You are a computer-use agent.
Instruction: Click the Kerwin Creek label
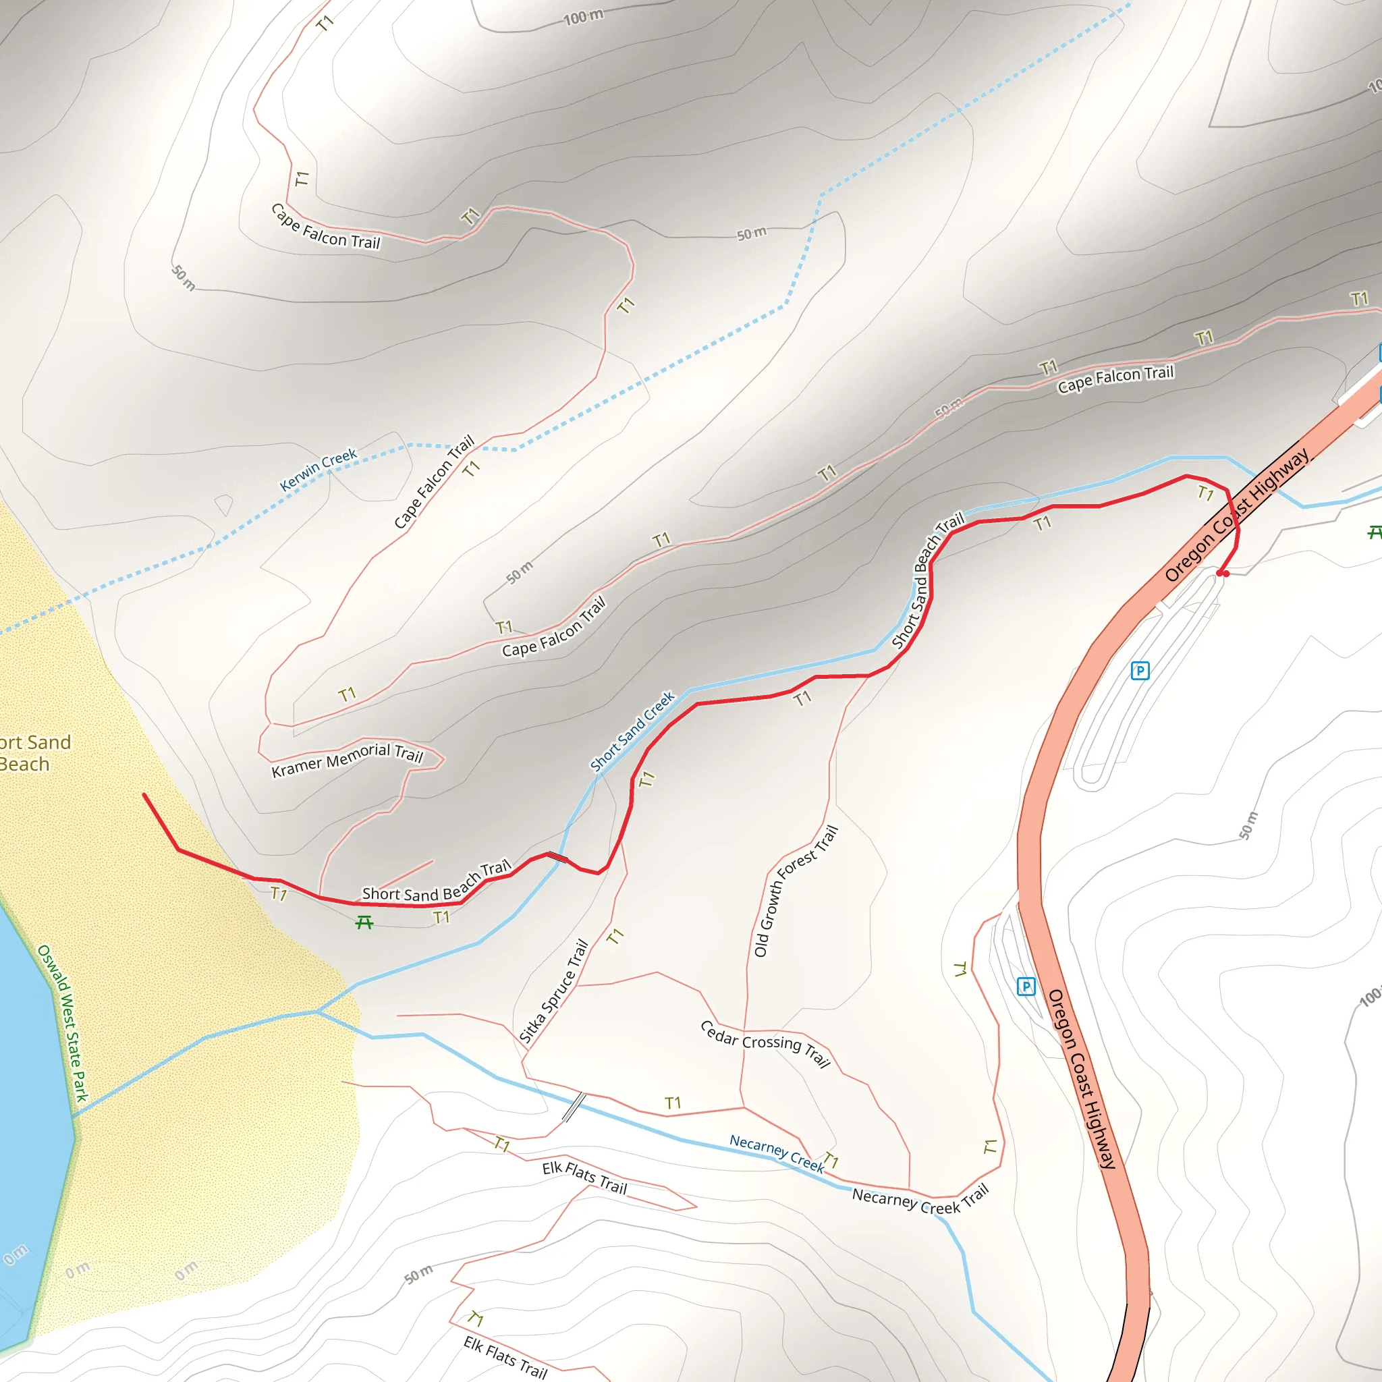click(318, 470)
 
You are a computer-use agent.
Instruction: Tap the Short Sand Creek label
click(632, 731)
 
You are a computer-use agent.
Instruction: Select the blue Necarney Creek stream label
click(777, 1153)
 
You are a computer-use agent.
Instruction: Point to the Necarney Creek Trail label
click(920, 1200)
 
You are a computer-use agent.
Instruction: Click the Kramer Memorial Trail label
click(348, 759)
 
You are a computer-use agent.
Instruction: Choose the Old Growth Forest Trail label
click(796, 891)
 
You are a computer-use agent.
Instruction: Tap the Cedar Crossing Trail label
click(765, 1044)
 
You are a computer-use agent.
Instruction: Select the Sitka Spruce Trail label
click(553, 991)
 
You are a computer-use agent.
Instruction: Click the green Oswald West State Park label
click(63, 1023)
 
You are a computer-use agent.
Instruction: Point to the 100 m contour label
click(583, 16)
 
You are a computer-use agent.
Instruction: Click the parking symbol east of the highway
click(1140, 670)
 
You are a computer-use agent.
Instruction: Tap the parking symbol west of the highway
click(1026, 987)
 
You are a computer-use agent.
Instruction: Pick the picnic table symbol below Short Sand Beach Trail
click(364, 922)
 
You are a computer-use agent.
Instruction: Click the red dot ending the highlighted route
click(1225, 574)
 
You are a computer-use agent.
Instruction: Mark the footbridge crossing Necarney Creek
click(574, 1107)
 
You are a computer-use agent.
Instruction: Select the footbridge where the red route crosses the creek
click(558, 857)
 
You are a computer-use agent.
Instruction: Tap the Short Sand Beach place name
click(28, 753)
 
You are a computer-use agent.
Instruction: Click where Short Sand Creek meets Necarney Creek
click(317, 1012)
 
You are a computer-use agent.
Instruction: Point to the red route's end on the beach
click(144, 795)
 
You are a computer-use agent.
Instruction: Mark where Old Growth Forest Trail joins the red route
click(868, 675)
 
